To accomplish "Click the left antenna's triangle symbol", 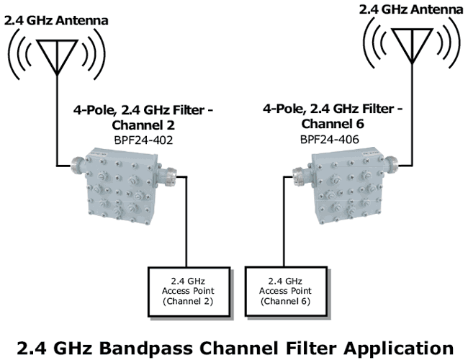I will [x=55, y=53].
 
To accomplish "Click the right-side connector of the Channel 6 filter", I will [x=374, y=164].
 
